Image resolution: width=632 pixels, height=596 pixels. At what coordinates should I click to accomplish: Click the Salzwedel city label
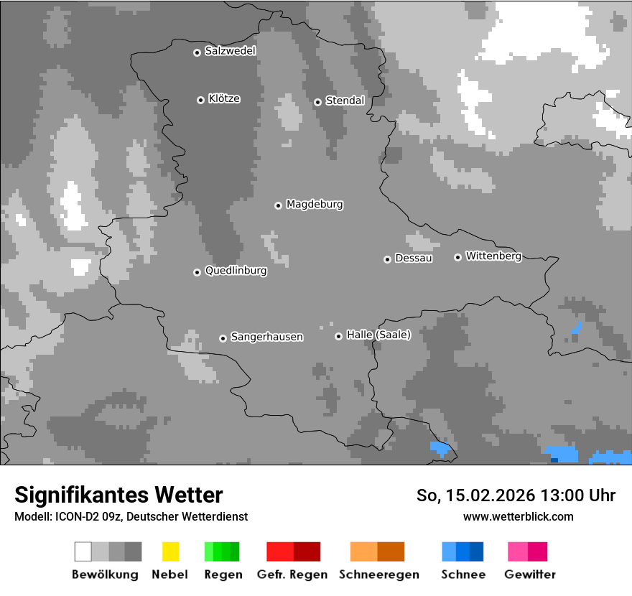click(x=230, y=51)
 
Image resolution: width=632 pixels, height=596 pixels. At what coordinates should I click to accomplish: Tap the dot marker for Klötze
click(x=200, y=100)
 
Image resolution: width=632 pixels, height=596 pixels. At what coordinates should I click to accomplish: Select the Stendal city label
click(x=345, y=101)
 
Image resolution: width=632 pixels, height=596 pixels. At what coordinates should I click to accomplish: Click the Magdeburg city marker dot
click(x=278, y=205)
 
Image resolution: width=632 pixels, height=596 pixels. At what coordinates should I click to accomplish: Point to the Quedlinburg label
click(x=236, y=271)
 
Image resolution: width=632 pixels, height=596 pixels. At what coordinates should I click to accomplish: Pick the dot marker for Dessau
click(x=387, y=259)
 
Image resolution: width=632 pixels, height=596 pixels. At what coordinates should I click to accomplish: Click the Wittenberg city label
click(x=493, y=256)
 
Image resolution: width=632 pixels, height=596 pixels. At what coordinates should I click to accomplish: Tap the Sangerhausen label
click(x=266, y=337)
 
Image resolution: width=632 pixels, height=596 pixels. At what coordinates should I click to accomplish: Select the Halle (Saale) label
click(x=378, y=335)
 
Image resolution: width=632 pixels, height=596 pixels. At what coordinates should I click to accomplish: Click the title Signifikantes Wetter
click(x=118, y=495)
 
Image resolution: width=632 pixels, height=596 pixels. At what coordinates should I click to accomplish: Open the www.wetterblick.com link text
click(x=518, y=516)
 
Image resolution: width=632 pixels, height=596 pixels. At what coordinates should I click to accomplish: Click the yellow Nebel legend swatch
click(x=170, y=551)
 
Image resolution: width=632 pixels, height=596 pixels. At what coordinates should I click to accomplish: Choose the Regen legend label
click(x=223, y=574)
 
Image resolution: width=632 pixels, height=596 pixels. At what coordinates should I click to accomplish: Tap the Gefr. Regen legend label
click(x=293, y=574)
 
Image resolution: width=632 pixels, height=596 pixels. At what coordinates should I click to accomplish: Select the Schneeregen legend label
click(x=378, y=574)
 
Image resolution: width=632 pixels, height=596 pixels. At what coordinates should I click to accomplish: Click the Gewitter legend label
click(x=530, y=574)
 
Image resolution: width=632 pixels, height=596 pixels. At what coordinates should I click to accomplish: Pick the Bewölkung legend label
click(x=105, y=574)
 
